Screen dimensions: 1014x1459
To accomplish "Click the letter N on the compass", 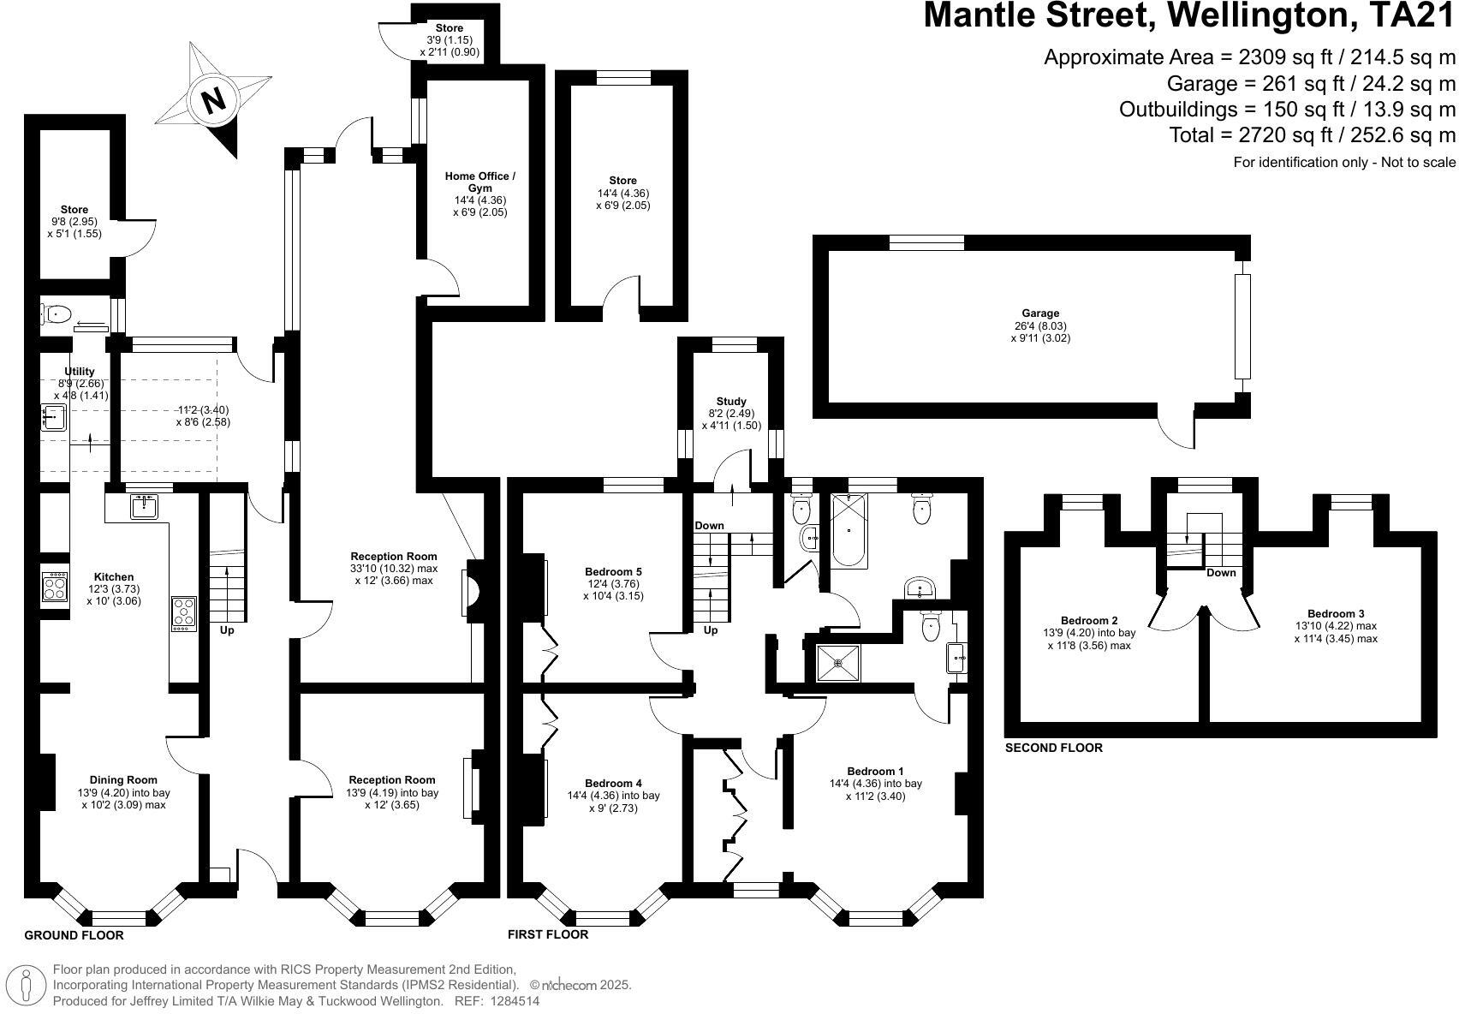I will (213, 100).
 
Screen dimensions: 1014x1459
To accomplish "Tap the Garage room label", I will (1039, 313).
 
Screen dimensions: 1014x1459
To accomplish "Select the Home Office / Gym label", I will (479, 182).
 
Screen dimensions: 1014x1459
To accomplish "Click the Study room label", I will (731, 401).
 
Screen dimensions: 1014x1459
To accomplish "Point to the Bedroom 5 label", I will (613, 571).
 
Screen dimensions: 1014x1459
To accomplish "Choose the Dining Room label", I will (124, 779).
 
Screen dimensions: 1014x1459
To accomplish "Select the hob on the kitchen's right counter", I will (184, 613).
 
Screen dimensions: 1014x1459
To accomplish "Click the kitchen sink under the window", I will (145, 506).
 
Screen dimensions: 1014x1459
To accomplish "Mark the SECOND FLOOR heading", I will (1053, 748).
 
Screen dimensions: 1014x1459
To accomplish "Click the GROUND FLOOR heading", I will (74, 935).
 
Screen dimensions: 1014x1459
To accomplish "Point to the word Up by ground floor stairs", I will (227, 630).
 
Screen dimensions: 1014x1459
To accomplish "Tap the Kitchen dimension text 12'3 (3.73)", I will (113, 589).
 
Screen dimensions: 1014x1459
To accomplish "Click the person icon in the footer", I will (27, 985).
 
